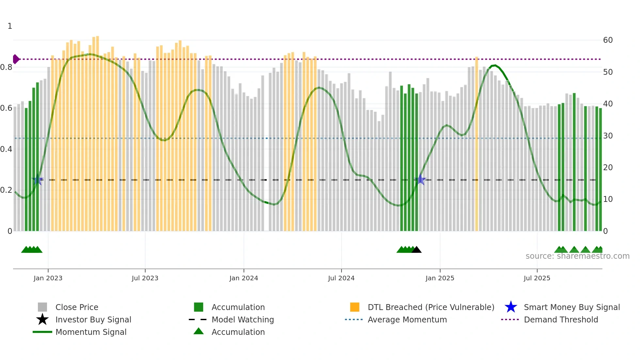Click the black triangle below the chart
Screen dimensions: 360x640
416,250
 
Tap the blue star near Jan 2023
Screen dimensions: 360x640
38,180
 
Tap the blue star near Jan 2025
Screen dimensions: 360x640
420,180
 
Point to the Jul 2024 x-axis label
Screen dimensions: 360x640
341,278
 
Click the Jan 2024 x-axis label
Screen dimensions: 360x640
244,278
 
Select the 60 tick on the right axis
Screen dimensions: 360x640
608,40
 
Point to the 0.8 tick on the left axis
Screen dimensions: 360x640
6,67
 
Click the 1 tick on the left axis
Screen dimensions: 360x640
10,26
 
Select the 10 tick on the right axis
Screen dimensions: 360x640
608,199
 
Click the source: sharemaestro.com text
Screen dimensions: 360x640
577,256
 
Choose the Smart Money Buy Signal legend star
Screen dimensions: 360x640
511,307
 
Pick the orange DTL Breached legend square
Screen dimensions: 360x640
355,307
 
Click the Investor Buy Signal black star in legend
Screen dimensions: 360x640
42,319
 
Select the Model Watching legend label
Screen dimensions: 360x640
243,319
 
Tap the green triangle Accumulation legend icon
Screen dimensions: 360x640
199,331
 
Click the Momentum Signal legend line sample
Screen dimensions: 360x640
42,332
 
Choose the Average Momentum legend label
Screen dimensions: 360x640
407,319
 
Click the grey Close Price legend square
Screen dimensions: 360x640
42,307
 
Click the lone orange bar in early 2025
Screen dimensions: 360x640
477,144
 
